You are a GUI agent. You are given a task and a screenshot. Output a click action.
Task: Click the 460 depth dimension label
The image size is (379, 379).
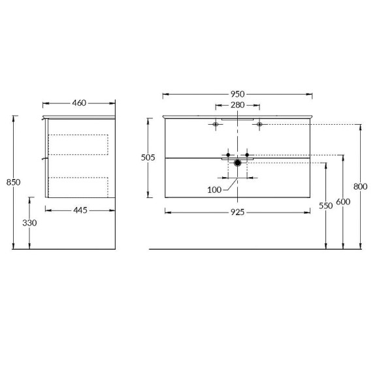click(x=79, y=103)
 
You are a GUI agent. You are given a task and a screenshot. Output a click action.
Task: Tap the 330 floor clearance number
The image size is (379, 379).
click(x=29, y=223)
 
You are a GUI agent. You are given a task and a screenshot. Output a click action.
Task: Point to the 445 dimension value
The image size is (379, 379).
click(x=79, y=210)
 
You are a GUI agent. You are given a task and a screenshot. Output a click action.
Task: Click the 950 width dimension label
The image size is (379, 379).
click(x=237, y=94)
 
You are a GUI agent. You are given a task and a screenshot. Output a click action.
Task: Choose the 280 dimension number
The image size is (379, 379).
click(x=237, y=105)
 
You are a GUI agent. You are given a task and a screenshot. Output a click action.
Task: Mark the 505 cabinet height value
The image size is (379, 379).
click(x=148, y=157)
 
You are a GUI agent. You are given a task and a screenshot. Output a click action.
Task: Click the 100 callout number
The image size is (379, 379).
click(x=214, y=189)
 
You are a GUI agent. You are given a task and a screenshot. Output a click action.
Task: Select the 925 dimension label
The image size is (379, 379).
click(x=237, y=212)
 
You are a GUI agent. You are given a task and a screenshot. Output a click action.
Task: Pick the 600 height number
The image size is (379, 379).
click(x=343, y=202)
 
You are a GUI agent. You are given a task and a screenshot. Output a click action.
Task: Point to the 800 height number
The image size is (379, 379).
click(x=360, y=186)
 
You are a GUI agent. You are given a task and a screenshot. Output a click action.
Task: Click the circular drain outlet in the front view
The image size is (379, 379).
click(x=238, y=162)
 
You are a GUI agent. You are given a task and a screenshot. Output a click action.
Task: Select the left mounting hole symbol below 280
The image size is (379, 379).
click(x=216, y=124)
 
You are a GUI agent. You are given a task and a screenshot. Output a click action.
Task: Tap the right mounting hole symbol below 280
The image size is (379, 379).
click(x=259, y=124)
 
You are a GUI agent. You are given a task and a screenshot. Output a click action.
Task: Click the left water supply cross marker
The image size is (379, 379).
click(x=228, y=155)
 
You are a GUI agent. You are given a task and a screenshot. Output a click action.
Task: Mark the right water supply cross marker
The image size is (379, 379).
click(x=247, y=155)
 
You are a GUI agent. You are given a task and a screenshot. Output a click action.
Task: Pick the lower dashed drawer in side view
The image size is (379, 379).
click(x=78, y=186)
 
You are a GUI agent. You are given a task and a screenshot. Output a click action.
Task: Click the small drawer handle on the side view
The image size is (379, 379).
click(x=45, y=158)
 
